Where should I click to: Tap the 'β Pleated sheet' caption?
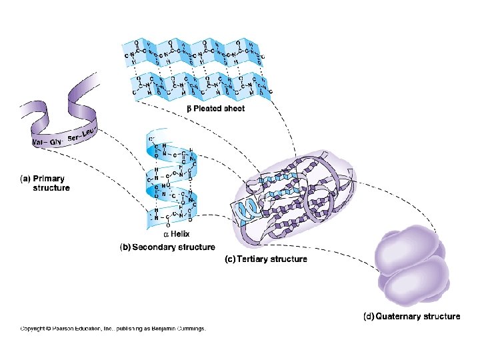tap(215, 108)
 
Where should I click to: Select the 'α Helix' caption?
tap(177, 234)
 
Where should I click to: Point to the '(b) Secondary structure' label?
tap(167, 247)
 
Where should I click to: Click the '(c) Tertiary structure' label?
tap(265, 259)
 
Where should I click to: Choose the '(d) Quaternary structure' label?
tap(411, 316)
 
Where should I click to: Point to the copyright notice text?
tap(113, 328)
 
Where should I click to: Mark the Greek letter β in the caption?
tap(189, 108)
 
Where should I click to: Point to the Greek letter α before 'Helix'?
tap(167, 235)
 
